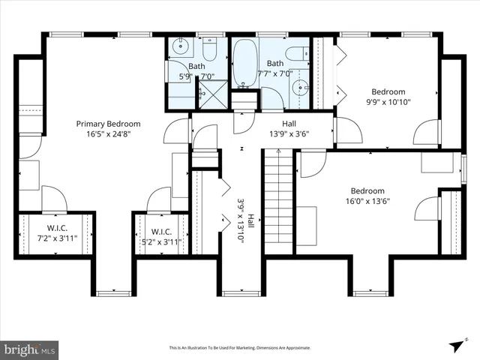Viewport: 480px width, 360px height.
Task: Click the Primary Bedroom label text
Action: click(x=108, y=124)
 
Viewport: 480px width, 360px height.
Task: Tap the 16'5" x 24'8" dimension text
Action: click(x=108, y=135)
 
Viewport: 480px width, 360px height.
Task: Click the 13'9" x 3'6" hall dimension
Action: click(x=289, y=135)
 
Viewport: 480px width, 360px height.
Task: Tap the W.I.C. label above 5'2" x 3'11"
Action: click(x=163, y=232)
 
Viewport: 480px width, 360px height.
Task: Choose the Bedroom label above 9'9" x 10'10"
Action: click(x=388, y=91)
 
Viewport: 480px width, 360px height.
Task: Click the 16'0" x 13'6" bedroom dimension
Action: click(x=367, y=201)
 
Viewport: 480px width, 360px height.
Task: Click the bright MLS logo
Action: click(x=30, y=349)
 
